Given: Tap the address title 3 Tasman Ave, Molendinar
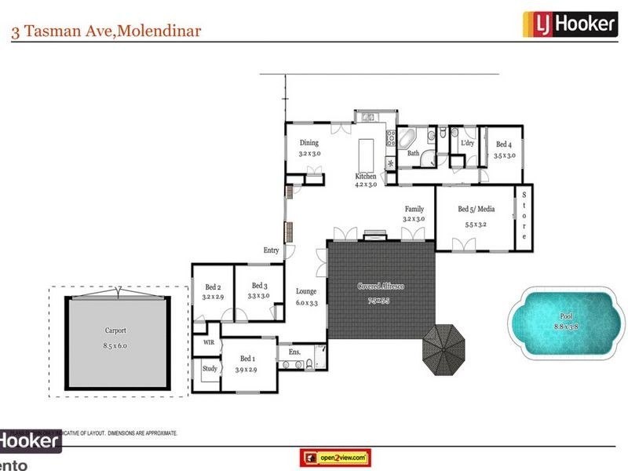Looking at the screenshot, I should [x=106, y=31].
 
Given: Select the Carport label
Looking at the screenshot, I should [x=115, y=331].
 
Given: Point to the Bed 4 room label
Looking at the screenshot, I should [x=504, y=144].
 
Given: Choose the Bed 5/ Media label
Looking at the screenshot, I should [x=476, y=209].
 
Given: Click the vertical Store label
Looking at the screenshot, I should [x=524, y=216].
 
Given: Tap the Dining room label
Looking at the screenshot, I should [x=309, y=143].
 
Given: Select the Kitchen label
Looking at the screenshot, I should [x=366, y=176].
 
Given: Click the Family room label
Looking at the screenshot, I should [x=414, y=209].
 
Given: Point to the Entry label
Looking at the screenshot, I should [x=271, y=250].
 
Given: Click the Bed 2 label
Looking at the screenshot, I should [x=213, y=287].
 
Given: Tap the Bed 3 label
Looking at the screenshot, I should [x=259, y=286].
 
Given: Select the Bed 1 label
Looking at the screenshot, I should [x=246, y=359].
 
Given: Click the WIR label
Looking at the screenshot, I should [x=209, y=343].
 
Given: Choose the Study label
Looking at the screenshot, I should [x=210, y=368].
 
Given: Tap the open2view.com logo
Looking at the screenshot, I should [x=335, y=457].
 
